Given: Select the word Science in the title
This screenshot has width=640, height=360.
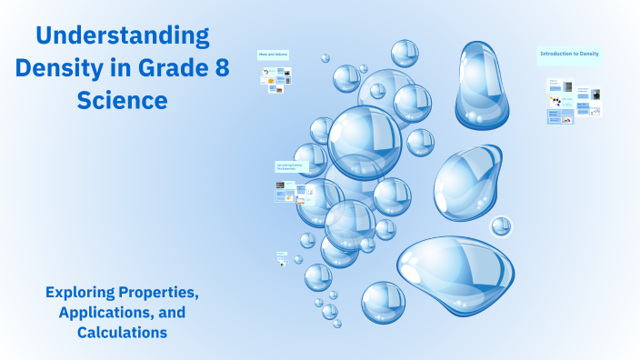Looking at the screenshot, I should [123, 100].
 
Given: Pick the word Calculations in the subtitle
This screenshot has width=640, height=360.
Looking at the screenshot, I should [123, 333].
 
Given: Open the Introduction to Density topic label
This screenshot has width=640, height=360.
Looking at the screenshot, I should [569, 55].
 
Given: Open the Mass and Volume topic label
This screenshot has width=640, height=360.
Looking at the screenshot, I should [272, 55].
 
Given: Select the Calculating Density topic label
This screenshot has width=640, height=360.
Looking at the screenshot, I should [290, 167].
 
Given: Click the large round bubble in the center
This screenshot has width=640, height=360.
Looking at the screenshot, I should [365, 142].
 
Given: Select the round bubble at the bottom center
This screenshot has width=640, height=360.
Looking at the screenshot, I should [383, 303].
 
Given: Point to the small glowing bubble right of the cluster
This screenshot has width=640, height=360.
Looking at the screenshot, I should [501, 225].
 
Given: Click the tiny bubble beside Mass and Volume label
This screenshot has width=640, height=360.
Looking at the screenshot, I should [325, 58].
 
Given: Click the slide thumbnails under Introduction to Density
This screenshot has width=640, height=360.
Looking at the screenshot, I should [574, 101].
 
